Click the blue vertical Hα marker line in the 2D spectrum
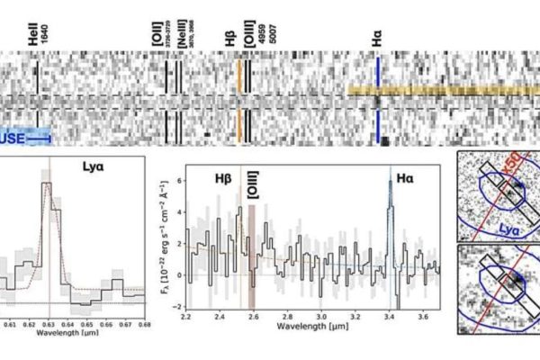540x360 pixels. coord(379,99)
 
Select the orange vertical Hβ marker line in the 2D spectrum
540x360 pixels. coord(239,99)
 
